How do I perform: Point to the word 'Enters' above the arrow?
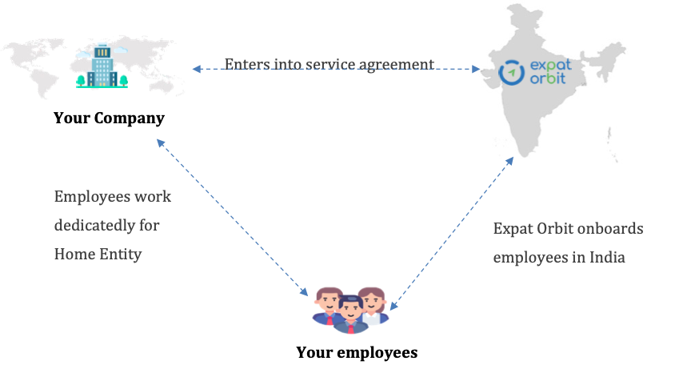point(246,63)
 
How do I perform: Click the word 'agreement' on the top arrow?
point(397,63)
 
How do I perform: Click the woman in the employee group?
point(370,304)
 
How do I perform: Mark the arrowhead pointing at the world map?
point(196,70)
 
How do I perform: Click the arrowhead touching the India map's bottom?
point(509,160)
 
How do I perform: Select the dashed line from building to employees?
point(232,216)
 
